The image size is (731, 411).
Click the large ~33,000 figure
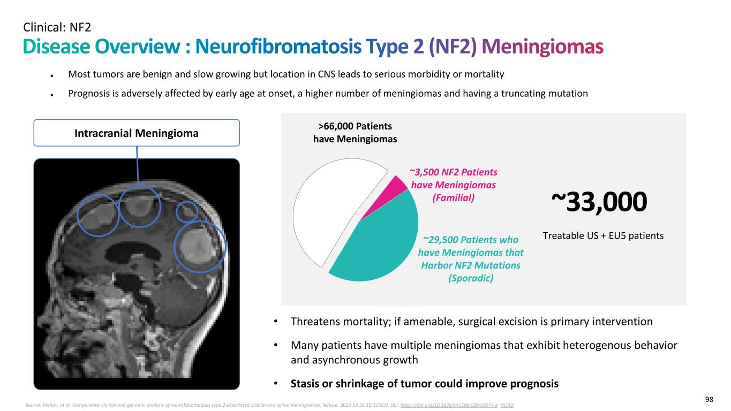point(599,203)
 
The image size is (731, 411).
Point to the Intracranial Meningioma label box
point(137,133)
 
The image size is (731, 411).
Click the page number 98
point(709,400)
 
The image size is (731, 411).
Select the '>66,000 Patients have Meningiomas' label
point(355,133)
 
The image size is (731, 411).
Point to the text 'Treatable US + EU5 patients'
point(603,235)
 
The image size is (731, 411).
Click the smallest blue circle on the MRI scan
point(187,211)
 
